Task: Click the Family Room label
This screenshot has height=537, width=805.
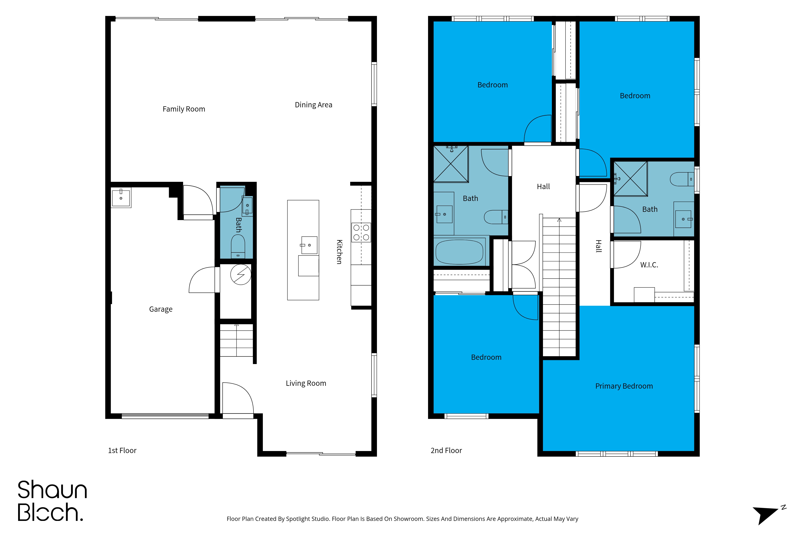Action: coord(184,109)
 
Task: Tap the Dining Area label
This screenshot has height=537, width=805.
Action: coord(314,105)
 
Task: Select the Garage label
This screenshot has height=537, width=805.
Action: coord(161,309)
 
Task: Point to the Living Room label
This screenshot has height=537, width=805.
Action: coord(306,383)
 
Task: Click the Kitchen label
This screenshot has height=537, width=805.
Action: coord(339,252)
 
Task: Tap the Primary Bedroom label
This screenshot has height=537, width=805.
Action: coord(624,386)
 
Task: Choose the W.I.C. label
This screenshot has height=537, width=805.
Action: coord(649,265)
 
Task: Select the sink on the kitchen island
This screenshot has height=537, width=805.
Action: coord(309,245)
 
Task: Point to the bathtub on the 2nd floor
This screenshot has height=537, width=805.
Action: coord(459,252)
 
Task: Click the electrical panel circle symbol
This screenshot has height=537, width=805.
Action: coord(241,274)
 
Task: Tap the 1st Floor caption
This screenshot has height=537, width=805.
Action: coord(122,450)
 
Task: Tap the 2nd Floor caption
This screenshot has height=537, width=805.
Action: coord(446,450)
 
